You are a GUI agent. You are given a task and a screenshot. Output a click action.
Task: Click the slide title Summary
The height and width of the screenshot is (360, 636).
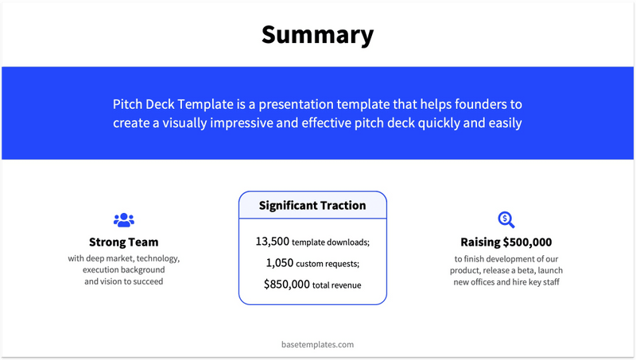point(317,35)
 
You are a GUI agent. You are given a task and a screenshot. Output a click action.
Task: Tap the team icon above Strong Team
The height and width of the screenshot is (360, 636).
point(124,220)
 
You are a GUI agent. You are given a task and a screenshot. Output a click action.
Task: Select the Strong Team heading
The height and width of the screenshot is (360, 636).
point(123,242)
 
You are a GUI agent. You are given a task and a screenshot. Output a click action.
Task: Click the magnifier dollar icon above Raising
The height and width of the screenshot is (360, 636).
point(506,220)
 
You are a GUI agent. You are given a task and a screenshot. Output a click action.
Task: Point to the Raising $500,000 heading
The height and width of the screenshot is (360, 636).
point(506,242)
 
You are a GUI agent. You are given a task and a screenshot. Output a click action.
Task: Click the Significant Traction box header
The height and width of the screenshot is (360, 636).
point(312,205)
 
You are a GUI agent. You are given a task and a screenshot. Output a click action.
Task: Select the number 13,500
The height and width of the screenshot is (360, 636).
point(272,241)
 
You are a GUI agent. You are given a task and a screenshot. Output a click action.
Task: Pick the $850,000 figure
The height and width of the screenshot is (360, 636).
point(286,284)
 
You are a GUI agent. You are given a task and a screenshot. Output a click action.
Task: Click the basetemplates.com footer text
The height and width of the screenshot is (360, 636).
point(317,345)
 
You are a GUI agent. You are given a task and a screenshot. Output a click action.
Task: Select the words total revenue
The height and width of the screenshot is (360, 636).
point(337,285)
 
